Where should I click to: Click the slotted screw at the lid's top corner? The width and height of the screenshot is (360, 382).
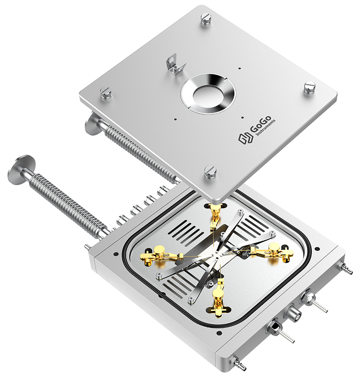click(207, 19)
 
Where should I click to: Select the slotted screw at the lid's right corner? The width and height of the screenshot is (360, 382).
click(310, 87)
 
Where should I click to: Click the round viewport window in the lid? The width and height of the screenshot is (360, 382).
click(208, 93)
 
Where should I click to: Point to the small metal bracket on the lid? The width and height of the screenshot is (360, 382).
click(175, 64)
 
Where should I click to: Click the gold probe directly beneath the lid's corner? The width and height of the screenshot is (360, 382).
click(215, 214)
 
